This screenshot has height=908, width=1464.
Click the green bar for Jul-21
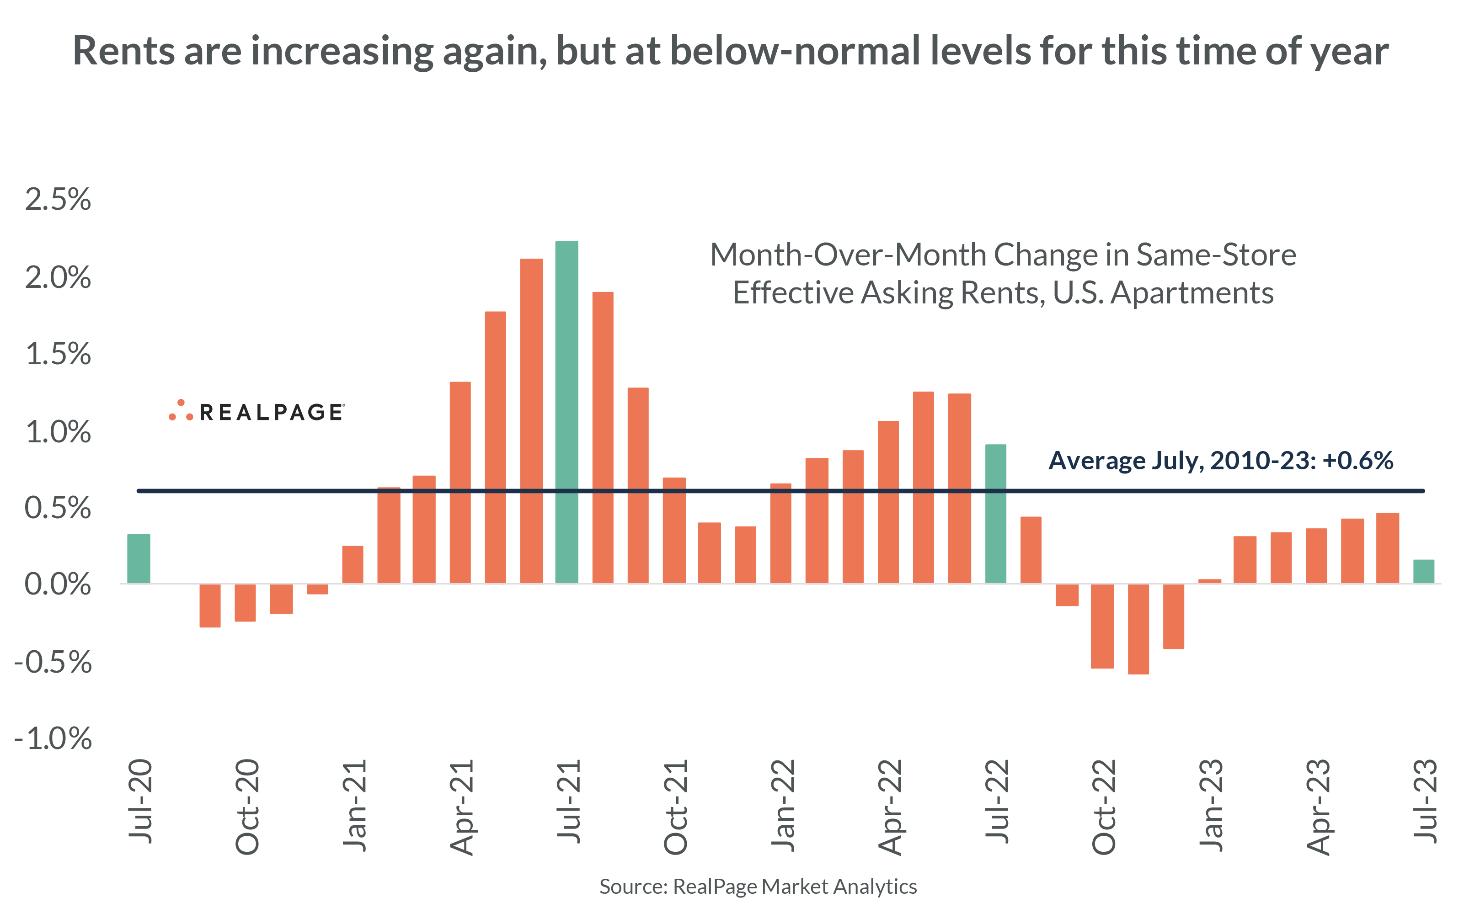point(566,412)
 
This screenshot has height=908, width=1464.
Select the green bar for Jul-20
point(139,558)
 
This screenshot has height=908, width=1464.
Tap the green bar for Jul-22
point(995,514)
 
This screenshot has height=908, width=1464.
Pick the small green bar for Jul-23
point(1423,571)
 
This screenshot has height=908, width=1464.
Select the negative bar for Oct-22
point(1102,625)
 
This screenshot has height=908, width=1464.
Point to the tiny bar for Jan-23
point(1209,581)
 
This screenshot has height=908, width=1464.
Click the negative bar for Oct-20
point(245,602)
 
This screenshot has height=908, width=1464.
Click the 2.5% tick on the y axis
point(58,199)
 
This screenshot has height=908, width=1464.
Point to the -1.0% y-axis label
point(53,738)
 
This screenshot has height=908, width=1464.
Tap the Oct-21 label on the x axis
point(675,807)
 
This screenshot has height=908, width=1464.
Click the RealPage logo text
point(271,412)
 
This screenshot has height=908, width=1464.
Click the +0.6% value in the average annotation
point(1357,461)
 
